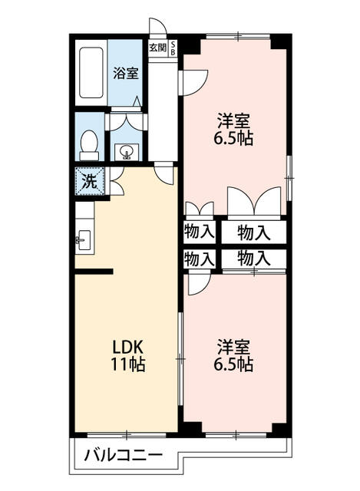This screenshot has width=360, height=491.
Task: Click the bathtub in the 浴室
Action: pos(91,73)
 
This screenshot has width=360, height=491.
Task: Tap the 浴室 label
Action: pos(126,73)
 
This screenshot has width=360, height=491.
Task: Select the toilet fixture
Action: pos(90,145)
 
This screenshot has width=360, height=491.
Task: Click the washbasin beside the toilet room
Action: pos(127,152)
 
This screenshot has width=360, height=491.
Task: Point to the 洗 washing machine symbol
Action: pos(90,182)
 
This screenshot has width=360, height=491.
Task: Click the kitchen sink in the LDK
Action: pos(84,240)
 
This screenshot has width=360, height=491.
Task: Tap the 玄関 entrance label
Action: pos(157,48)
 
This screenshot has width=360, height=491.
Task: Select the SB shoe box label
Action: pos(173,48)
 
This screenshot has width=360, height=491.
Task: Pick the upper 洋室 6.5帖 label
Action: pos(233,130)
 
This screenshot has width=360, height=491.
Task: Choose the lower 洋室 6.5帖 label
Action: pos(233,354)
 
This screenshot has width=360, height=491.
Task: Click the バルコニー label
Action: pos(124,455)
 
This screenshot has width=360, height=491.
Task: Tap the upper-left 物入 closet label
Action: pos(200,232)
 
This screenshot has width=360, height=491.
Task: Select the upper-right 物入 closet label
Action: pos(254,232)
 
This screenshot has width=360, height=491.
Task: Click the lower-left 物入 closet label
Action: pos(200,259)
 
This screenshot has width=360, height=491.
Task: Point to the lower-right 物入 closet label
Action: pos(254,259)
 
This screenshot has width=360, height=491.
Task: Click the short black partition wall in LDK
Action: pos(94,272)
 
